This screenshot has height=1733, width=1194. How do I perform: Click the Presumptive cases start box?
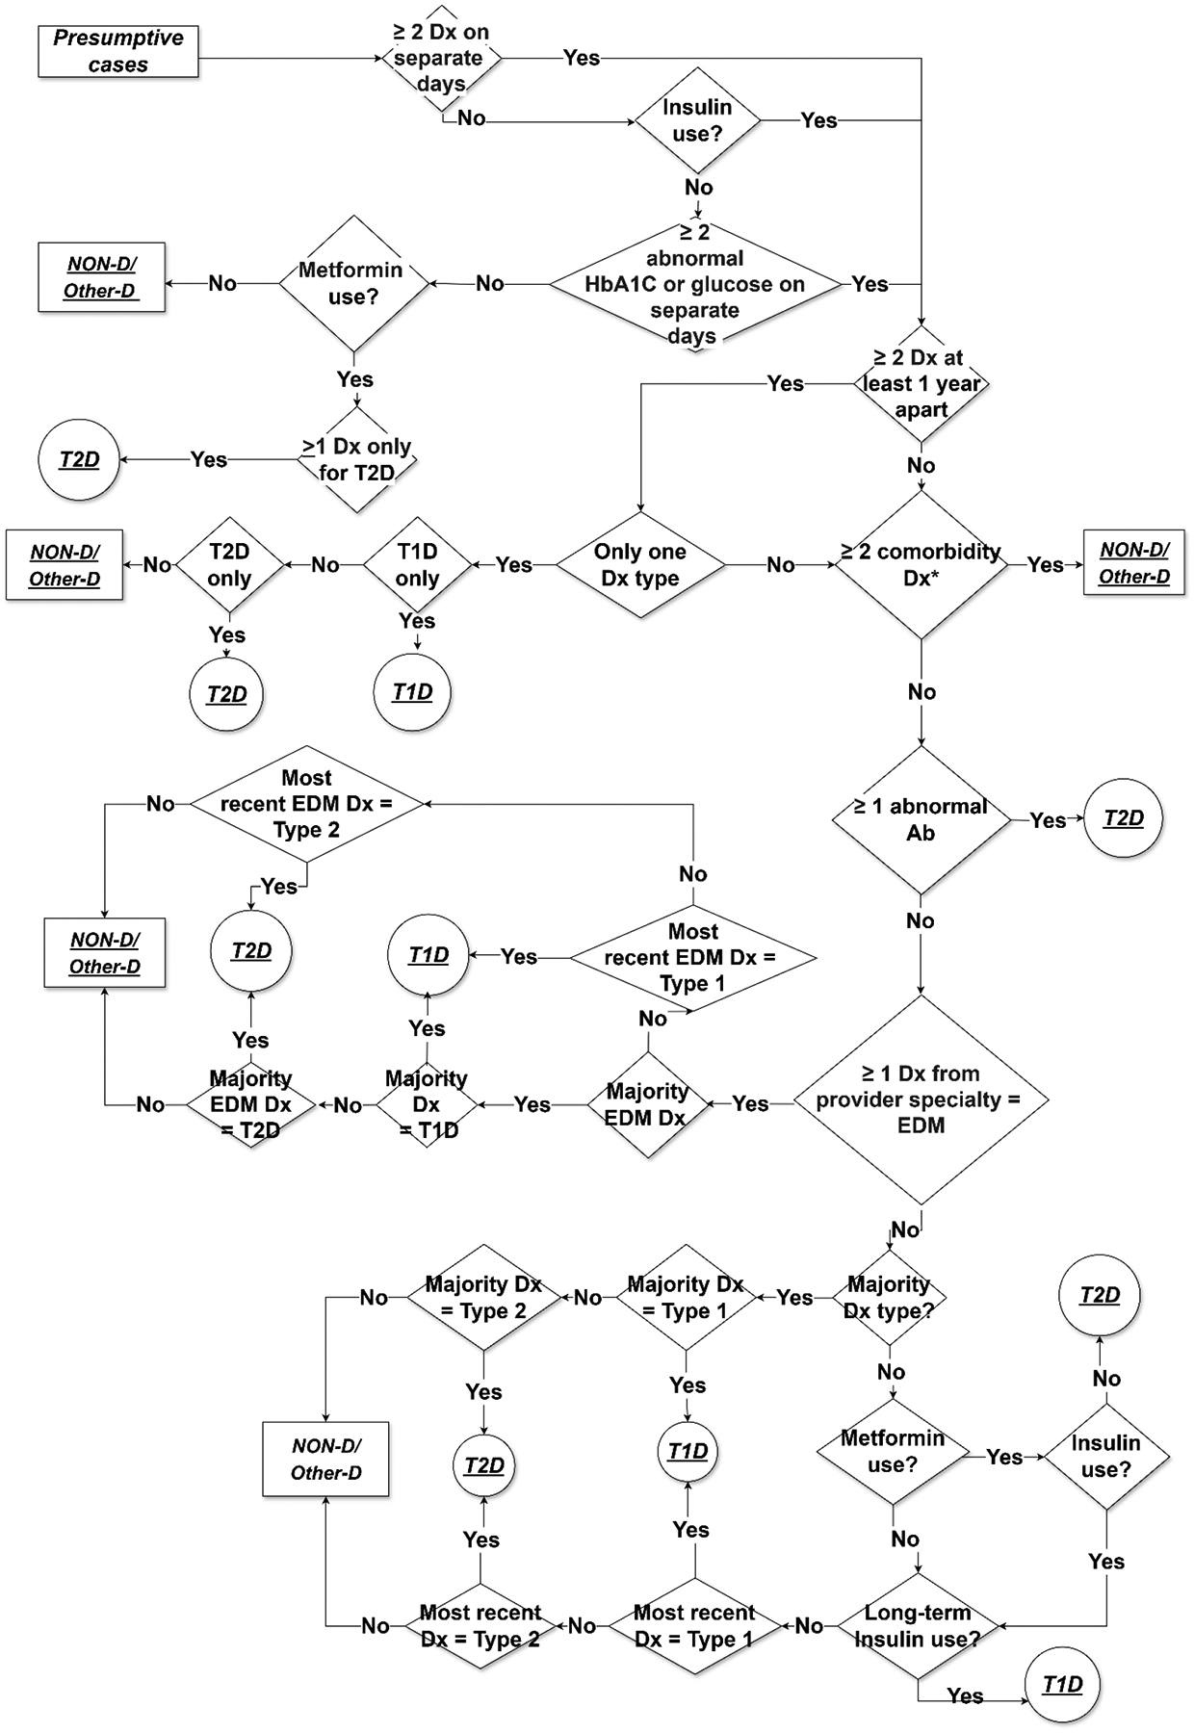(118, 52)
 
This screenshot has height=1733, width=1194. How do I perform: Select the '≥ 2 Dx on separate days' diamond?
(441, 59)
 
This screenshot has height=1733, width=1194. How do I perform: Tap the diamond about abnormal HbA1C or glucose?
(694, 285)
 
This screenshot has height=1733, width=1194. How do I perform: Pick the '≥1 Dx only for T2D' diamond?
(357, 460)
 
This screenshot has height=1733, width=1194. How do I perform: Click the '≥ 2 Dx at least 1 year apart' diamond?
(921, 384)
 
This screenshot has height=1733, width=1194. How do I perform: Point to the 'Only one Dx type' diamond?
(640, 565)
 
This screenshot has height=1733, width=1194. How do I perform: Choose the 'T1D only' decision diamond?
(417, 565)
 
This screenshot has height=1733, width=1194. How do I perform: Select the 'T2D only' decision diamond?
(229, 565)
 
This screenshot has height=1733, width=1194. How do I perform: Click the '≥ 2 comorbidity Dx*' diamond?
(921, 565)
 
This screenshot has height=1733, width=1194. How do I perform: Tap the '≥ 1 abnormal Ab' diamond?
(921, 820)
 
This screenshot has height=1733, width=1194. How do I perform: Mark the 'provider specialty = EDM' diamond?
(921, 1099)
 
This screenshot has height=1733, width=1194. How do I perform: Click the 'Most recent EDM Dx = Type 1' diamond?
(692, 958)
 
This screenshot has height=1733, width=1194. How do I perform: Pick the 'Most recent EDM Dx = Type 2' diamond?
(307, 804)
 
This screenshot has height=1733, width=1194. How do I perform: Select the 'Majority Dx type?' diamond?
(889, 1298)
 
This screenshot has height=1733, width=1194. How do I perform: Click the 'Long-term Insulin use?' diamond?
(917, 1626)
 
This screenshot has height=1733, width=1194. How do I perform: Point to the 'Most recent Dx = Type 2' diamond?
(480, 1626)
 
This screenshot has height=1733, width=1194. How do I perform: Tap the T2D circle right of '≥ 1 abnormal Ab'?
(1123, 818)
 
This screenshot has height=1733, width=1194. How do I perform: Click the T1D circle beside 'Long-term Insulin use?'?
(1062, 1685)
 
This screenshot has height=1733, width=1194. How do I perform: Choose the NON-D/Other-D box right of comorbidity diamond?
(1134, 563)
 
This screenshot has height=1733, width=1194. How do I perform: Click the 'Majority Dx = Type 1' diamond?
(686, 1298)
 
